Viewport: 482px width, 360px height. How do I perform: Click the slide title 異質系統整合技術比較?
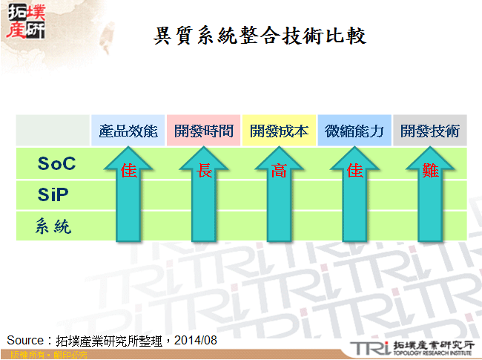(x=260, y=36)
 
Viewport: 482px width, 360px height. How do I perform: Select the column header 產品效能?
(x=129, y=131)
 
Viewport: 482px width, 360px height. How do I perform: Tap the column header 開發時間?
(x=204, y=131)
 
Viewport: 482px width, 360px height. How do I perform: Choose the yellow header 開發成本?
(x=279, y=131)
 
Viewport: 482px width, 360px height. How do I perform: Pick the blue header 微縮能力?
(x=354, y=131)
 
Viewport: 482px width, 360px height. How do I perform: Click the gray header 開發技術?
(x=430, y=131)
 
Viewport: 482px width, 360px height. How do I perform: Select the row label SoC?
(x=57, y=163)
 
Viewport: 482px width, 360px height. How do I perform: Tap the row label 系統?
(x=53, y=226)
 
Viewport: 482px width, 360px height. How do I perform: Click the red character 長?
(x=205, y=171)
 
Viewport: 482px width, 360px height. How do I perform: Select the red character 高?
(x=279, y=171)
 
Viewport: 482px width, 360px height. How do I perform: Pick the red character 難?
(x=430, y=171)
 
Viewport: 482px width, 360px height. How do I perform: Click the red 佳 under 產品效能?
(x=129, y=171)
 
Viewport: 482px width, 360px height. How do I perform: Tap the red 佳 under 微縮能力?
(x=354, y=171)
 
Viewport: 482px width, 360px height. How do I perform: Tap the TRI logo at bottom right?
(x=369, y=347)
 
